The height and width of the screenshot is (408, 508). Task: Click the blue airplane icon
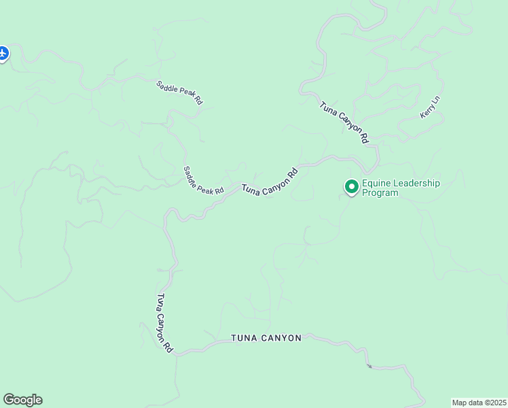click(x=3, y=53)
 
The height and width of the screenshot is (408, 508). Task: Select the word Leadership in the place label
click(x=416, y=183)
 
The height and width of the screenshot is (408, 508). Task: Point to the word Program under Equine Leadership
click(x=380, y=192)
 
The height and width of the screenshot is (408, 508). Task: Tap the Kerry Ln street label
click(x=430, y=107)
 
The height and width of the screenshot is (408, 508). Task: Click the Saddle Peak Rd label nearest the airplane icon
click(x=179, y=92)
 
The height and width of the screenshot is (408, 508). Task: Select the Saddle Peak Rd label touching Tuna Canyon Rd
click(x=204, y=180)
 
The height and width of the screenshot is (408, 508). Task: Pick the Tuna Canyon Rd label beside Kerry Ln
click(x=344, y=121)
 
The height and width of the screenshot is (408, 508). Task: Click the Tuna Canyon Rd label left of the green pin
click(x=270, y=182)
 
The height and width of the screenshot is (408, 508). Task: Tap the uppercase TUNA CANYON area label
click(x=266, y=338)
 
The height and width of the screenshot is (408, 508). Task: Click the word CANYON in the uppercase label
click(x=281, y=338)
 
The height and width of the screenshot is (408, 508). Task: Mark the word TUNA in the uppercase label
click(x=242, y=338)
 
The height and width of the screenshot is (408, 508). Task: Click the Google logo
click(x=22, y=400)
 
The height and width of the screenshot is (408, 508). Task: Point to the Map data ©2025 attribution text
click(x=479, y=402)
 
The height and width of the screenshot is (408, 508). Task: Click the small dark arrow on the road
click(x=369, y=367)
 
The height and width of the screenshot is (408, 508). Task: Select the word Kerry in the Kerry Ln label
click(x=427, y=112)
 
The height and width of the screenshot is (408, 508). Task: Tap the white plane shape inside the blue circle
click(x=3, y=52)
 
